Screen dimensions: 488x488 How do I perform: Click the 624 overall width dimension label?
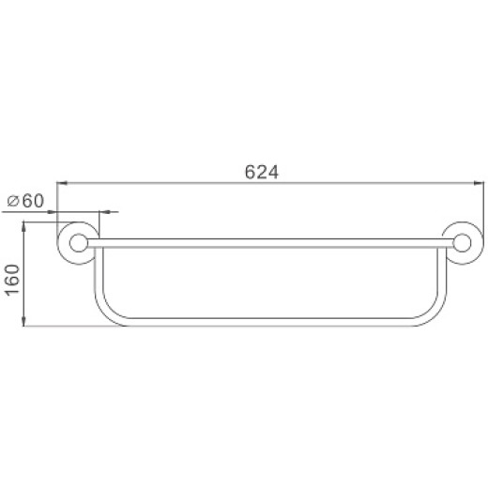click(263, 172)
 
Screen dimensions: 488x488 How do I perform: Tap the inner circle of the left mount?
click(80, 243)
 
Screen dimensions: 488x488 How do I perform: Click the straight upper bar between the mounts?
click(267, 242)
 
